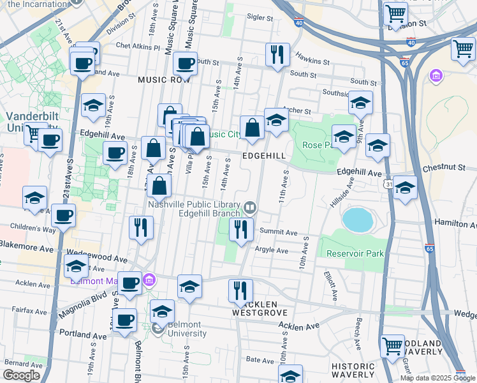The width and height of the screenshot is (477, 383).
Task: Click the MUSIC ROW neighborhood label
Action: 165,80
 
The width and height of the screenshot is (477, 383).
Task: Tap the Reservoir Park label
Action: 355,253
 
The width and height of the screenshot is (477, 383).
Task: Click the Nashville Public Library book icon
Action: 250,207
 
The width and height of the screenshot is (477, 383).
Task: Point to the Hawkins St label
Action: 312,63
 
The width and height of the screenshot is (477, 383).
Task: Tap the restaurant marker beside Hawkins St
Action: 277,55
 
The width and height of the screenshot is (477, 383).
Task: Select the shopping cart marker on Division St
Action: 395,12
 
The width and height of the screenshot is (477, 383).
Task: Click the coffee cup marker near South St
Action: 186,64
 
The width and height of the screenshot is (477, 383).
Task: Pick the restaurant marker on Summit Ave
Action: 241,230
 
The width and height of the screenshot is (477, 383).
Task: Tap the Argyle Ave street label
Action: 272,250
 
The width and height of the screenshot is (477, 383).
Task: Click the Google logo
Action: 21,375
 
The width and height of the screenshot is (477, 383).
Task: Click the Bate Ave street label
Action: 260,360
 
